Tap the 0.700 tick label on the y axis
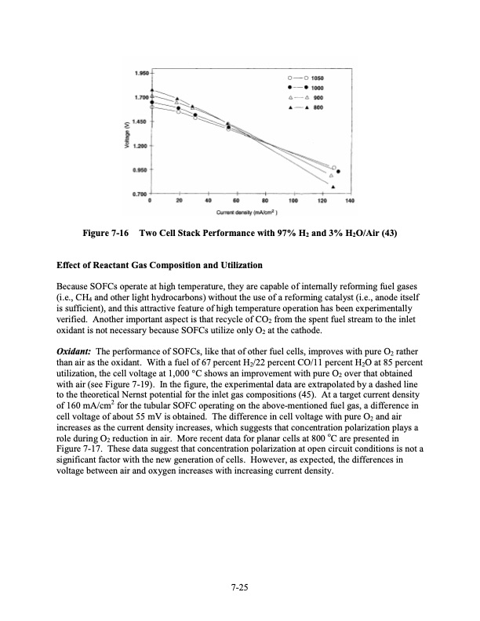click(x=140, y=192)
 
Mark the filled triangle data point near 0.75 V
click(x=334, y=187)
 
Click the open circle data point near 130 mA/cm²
click(x=334, y=167)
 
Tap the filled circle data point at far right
click(x=338, y=171)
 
